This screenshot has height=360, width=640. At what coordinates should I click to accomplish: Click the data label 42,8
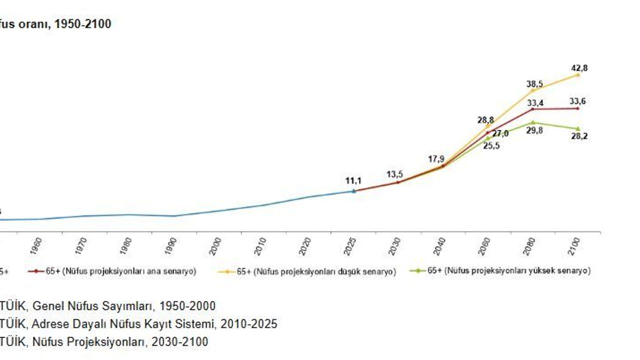coord(579,68)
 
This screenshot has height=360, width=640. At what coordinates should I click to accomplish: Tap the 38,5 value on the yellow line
coord(534,84)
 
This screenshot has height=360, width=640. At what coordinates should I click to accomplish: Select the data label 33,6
coord(578,101)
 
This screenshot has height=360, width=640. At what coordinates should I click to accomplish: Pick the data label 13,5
coord(394,174)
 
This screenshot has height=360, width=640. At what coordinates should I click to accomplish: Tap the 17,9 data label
coord(436,159)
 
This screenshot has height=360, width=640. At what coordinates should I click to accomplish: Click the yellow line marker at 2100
coord(578,75)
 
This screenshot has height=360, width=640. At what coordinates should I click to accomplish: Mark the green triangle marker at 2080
coord(533,122)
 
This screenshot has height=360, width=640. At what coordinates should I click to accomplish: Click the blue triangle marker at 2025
coord(353,190)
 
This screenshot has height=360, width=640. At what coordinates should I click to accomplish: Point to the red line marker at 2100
coord(578,108)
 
